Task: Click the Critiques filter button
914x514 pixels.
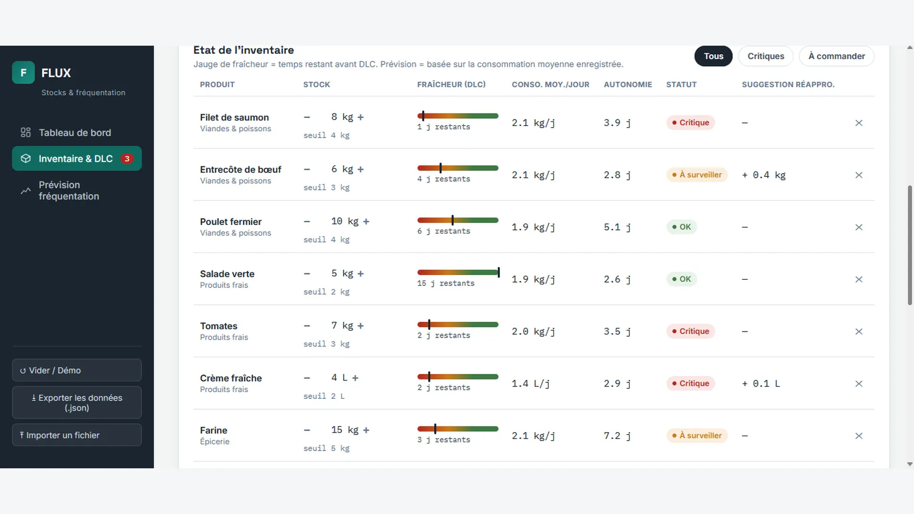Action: (x=765, y=56)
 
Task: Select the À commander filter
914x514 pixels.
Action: (x=836, y=56)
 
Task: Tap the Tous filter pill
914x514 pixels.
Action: (x=714, y=56)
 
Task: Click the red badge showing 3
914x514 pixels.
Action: (x=127, y=159)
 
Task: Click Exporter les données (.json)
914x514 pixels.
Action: (x=77, y=403)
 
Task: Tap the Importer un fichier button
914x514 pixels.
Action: (x=77, y=435)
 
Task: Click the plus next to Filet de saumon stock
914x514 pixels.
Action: (x=360, y=117)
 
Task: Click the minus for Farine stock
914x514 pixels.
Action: (x=307, y=430)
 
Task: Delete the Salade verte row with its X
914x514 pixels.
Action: (x=859, y=279)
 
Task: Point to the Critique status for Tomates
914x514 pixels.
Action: (x=691, y=331)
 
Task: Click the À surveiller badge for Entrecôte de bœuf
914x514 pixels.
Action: (x=697, y=175)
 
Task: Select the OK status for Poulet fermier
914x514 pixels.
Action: (x=682, y=227)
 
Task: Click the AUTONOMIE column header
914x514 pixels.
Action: (x=628, y=85)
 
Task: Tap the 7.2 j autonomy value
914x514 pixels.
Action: (x=617, y=436)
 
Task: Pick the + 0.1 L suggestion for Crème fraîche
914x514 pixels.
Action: (x=761, y=384)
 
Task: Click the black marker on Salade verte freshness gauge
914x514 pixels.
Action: (x=498, y=272)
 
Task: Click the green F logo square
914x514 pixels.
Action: (x=23, y=72)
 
